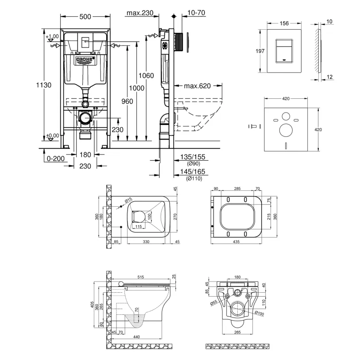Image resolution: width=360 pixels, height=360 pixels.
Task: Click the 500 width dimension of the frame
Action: (85, 17)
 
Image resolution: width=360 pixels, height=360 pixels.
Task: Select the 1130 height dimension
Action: (44, 85)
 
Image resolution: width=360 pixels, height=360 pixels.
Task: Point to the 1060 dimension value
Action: (146, 76)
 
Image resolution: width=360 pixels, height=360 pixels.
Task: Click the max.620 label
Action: (197, 86)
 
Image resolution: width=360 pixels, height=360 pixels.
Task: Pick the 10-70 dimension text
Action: (197, 13)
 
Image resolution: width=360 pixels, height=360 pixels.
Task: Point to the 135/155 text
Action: (194, 157)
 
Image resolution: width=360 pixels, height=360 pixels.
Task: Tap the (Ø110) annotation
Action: (194, 179)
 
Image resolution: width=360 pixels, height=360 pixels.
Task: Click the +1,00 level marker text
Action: (52, 36)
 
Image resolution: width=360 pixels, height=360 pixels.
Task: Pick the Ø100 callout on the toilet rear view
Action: (259, 313)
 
